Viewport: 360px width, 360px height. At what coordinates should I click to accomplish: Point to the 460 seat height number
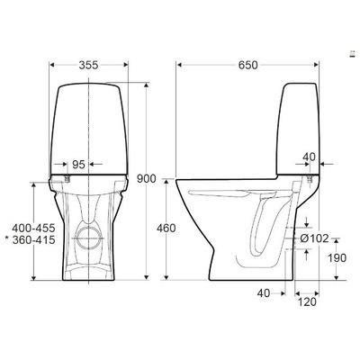[164, 228]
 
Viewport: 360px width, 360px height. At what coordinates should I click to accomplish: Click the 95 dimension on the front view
[78, 165]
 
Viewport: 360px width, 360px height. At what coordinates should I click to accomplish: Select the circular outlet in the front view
[88, 238]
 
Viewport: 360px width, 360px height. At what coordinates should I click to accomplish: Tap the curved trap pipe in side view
[266, 229]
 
